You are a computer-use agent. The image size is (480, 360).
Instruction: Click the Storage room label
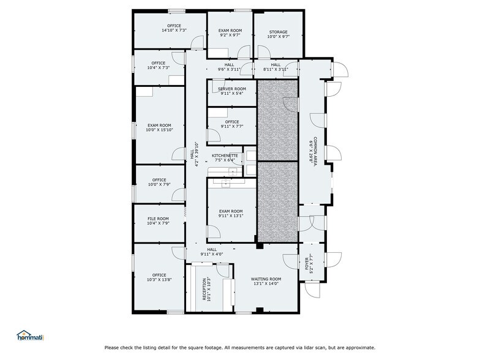point(277,32)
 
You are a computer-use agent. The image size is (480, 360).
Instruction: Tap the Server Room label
point(232,89)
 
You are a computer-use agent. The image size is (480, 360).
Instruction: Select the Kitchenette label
point(225,156)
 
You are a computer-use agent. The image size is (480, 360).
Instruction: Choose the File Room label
point(158,219)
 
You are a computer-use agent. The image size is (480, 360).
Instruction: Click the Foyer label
point(307,263)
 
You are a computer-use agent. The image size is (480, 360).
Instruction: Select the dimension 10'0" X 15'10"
point(159,130)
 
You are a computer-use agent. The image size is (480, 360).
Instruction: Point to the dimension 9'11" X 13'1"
point(231,216)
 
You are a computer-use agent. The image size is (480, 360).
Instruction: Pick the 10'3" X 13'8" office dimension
point(159,280)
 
